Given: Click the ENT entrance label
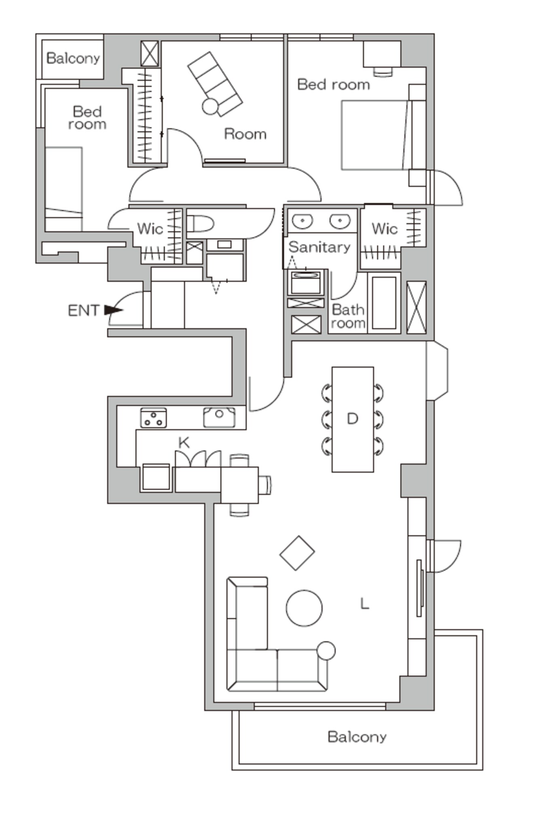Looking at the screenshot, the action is pyautogui.click(x=84, y=310).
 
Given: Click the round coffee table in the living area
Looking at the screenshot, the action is pyautogui.click(x=304, y=608).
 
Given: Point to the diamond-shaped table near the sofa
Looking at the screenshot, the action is pyautogui.click(x=297, y=553).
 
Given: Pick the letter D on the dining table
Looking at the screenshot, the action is pyautogui.click(x=353, y=419).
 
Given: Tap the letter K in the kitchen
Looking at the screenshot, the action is pyautogui.click(x=184, y=443).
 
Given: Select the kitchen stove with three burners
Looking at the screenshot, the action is pyautogui.click(x=154, y=418).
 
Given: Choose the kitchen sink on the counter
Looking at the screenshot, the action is pyautogui.click(x=219, y=417).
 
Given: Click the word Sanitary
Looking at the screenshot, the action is pyautogui.click(x=319, y=247).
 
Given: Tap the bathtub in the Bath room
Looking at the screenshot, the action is pyautogui.click(x=384, y=303).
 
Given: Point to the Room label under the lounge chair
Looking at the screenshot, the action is pyautogui.click(x=245, y=134).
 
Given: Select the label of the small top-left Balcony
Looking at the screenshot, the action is pyautogui.click(x=73, y=58).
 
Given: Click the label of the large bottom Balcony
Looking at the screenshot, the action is pyautogui.click(x=357, y=736).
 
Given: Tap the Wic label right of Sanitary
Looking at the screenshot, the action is pyautogui.click(x=385, y=229).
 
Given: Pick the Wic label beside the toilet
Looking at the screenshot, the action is pyautogui.click(x=150, y=229).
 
